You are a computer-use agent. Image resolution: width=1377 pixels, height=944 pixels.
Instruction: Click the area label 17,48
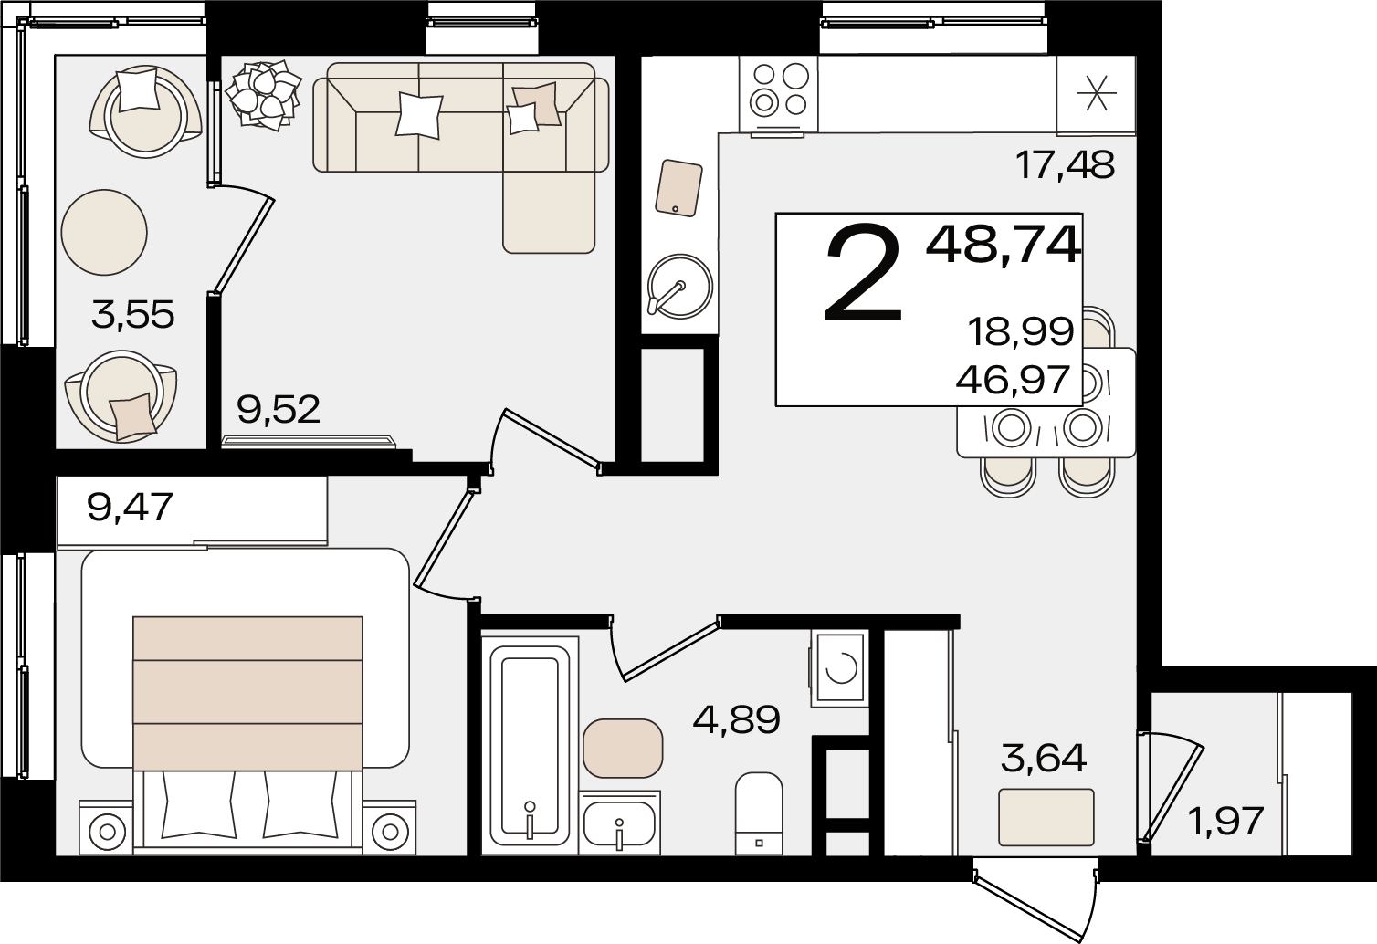[x=1065, y=165]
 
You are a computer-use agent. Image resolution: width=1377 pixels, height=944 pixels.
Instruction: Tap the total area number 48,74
[x=1004, y=246]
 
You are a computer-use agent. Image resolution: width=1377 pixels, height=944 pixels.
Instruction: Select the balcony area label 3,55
[x=132, y=315]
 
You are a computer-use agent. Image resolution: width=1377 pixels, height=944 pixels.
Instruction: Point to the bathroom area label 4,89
[x=737, y=719]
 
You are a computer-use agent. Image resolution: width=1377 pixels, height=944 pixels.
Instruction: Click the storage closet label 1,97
[x=1227, y=822]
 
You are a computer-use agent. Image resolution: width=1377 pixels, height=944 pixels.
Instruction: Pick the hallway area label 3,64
[x=1044, y=759]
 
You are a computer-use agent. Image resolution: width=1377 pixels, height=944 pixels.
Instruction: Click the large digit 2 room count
[x=863, y=273]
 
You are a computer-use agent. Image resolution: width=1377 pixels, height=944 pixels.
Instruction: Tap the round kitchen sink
[x=680, y=287]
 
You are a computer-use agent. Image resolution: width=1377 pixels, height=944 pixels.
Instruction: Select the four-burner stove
[x=778, y=94]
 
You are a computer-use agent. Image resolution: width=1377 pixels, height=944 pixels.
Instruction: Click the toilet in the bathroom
[x=759, y=813]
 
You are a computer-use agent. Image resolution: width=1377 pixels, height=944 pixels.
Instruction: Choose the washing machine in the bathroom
[x=840, y=668]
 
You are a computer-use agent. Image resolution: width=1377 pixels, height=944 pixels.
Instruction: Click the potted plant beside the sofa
[x=263, y=95]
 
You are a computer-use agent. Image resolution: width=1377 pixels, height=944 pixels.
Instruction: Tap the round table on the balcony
[x=104, y=232]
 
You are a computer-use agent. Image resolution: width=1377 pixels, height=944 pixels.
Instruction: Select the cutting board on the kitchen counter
[x=678, y=188]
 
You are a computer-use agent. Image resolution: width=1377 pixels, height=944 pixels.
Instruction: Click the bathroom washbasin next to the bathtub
[x=619, y=823]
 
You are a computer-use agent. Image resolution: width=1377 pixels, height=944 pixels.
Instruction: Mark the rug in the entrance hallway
[x=1046, y=817]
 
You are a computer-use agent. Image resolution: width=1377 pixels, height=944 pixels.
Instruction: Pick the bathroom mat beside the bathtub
[x=623, y=748]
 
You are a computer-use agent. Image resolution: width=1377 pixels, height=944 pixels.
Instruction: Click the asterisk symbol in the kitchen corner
[x=1097, y=93]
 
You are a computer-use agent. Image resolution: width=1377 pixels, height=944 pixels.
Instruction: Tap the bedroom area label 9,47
[x=130, y=508]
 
